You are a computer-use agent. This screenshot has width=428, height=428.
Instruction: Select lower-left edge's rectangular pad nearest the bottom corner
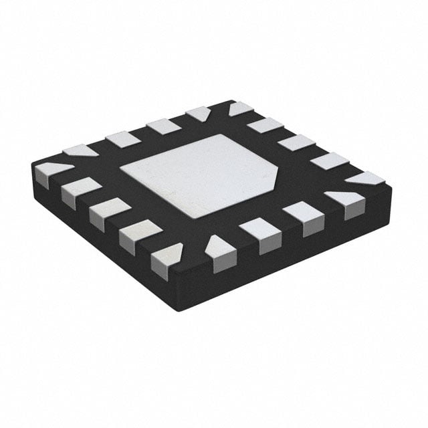pyautogui.click(x=137, y=235)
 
